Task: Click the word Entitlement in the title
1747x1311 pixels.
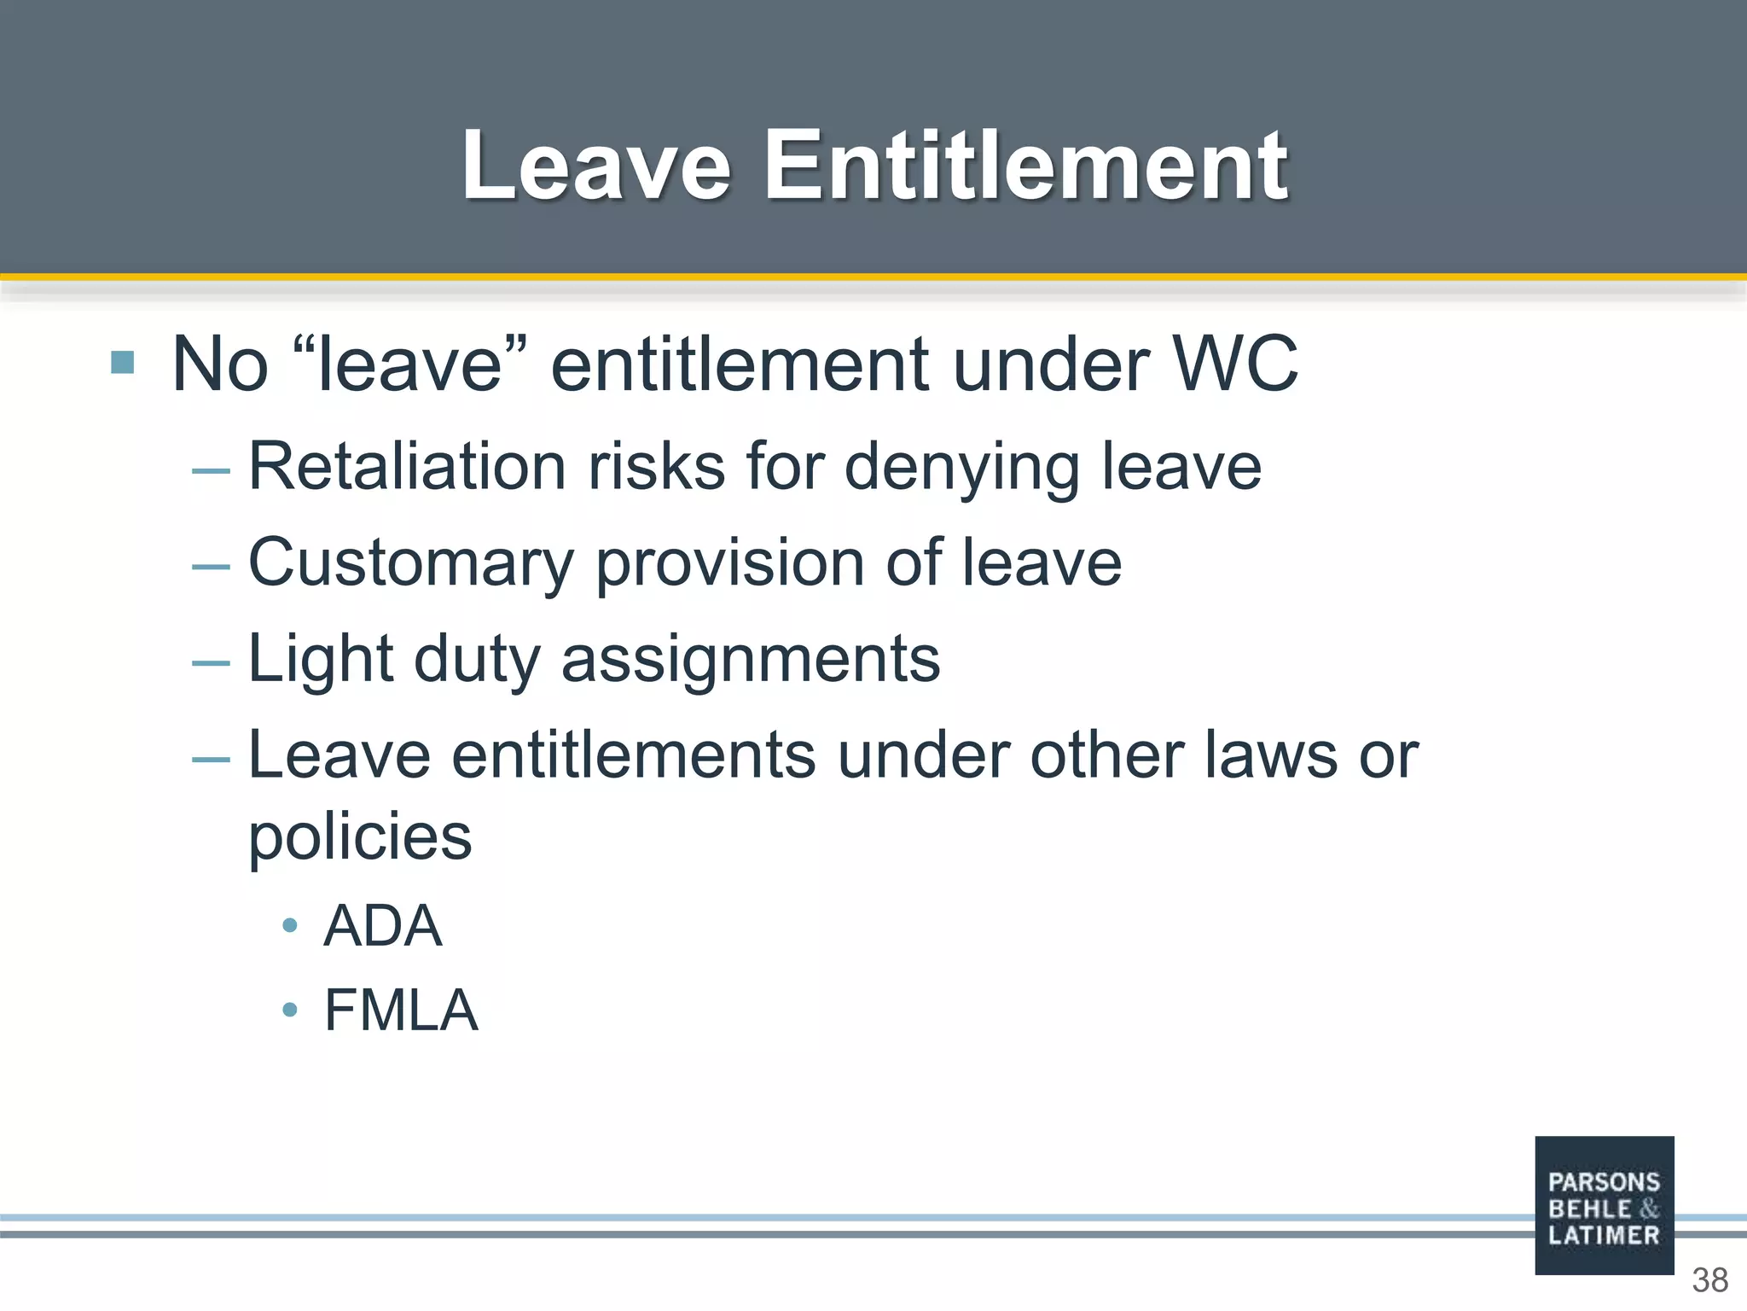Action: [1025, 166]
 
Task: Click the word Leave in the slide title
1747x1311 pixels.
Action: [596, 166]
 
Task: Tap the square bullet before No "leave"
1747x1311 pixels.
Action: [123, 363]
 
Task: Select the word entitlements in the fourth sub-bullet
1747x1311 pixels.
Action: [634, 755]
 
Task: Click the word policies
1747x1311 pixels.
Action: [360, 837]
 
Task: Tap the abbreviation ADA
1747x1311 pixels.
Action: [383, 926]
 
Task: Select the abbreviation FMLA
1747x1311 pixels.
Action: [401, 1010]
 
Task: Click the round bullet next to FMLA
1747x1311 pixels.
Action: [290, 1011]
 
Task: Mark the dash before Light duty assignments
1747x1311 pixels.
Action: [211, 661]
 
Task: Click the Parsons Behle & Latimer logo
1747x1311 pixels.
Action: [1604, 1205]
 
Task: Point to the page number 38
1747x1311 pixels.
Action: [1709, 1280]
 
